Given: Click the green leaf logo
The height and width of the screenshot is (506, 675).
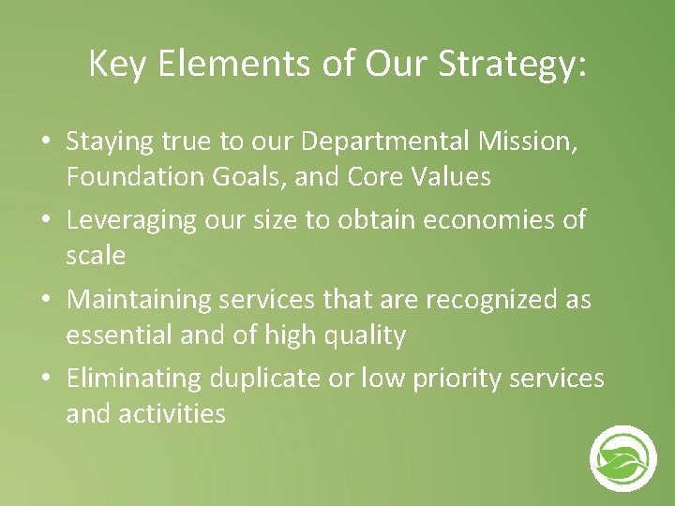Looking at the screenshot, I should point(622,458).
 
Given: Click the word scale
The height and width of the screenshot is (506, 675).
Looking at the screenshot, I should point(96,255).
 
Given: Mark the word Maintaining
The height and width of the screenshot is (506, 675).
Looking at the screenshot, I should point(140,300).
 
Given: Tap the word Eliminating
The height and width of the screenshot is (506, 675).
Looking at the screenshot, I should point(134,379).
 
